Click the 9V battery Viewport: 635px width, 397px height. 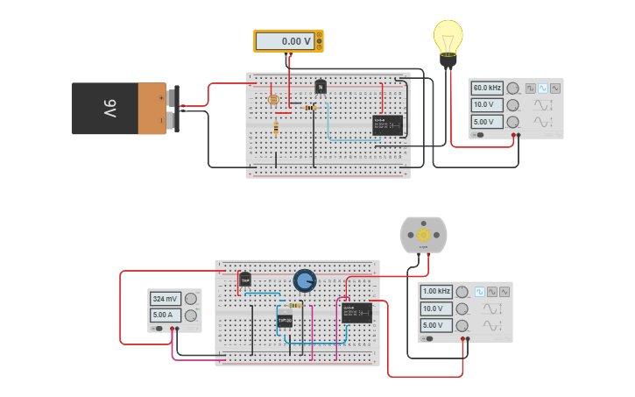[x=118, y=109]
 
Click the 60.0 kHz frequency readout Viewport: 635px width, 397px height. [x=487, y=89]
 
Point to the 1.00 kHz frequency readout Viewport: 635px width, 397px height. [x=436, y=291]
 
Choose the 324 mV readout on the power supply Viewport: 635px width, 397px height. [x=166, y=299]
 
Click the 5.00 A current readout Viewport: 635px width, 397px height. [x=166, y=315]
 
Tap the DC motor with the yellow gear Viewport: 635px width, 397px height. [x=423, y=235]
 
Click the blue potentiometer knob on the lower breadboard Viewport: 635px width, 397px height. [x=304, y=280]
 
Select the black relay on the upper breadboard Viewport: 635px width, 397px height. [x=387, y=125]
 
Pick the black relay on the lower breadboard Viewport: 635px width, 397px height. [x=356, y=313]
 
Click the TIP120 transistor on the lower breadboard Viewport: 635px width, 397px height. [x=285, y=322]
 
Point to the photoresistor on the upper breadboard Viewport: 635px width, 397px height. [x=273, y=100]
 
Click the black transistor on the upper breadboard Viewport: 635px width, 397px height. [x=321, y=86]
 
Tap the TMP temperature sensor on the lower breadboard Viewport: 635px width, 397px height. [x=245, y=280]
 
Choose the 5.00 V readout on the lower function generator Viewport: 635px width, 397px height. [x=436, y=325]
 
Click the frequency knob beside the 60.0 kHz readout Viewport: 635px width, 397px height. [x=513, y=89]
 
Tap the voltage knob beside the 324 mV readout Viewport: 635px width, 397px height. [x=190, y=299]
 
